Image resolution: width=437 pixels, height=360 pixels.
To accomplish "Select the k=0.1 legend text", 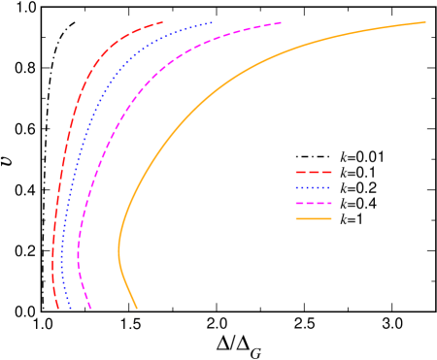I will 357,172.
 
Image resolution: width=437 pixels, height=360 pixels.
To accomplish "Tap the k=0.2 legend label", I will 357,187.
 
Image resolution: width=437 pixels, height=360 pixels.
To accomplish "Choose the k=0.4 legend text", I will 357,204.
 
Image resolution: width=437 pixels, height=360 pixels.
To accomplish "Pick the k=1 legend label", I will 351,219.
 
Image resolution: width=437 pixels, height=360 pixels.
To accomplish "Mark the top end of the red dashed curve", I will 162,21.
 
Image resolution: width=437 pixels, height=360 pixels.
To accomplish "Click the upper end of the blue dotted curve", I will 213,21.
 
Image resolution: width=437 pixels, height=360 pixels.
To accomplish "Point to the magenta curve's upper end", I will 282,21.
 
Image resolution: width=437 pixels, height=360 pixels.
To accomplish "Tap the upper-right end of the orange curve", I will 425,21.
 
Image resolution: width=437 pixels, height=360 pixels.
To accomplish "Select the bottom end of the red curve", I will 59,310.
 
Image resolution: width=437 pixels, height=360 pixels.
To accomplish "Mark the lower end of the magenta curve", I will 91,310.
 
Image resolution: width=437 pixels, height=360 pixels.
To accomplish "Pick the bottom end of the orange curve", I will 137,309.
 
